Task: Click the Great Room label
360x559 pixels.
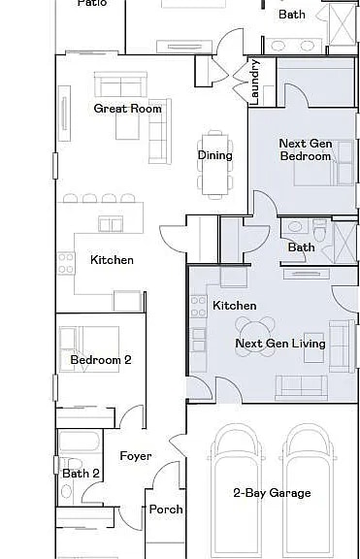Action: [x=127, y=109]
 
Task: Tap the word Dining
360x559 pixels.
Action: [x=214, y=155]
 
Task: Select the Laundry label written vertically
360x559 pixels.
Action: [x=255, y=82]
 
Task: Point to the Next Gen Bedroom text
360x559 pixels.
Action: [x=305, y=149]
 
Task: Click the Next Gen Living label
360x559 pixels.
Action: [x=279, y=344]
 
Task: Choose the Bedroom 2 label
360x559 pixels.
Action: [x=100, y=360]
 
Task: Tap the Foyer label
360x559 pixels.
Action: [x=135, y=456]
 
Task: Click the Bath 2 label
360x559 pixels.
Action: [x=81, y=474]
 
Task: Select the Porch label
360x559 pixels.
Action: [x=166, y=510]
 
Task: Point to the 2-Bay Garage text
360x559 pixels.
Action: [x=272, y=493]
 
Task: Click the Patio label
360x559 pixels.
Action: [x=91, y=3]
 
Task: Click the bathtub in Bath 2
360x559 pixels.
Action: [x=78, y=444]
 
